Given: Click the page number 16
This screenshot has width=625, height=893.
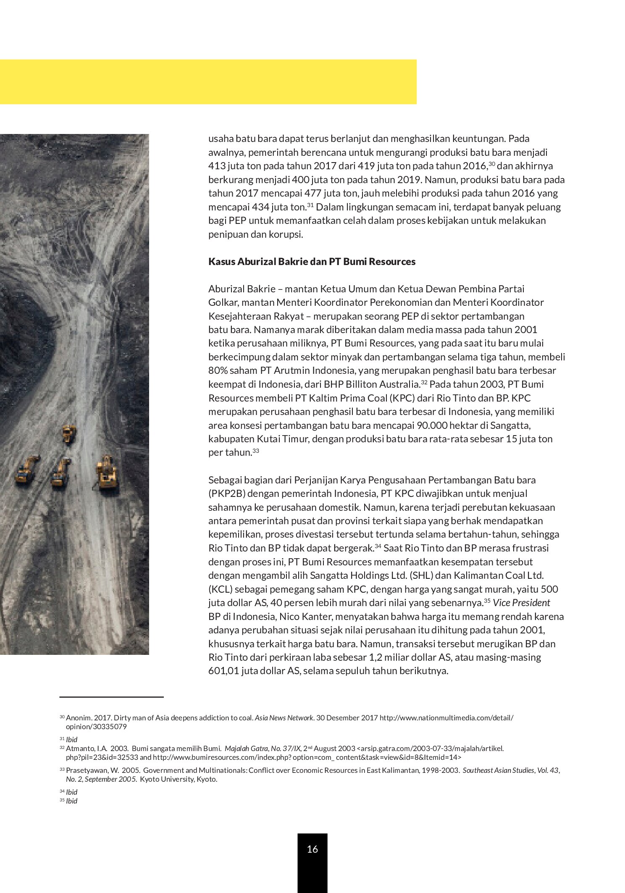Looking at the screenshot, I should (312, 849).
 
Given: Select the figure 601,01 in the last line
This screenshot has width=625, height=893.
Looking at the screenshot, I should (223, 671).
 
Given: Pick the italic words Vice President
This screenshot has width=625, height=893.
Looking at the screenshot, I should (521, 603).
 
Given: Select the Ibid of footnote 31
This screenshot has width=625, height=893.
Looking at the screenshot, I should (72, 739).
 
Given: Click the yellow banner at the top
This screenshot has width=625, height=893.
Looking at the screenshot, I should (208, 81).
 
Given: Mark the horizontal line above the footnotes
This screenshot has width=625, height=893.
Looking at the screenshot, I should (111, 697).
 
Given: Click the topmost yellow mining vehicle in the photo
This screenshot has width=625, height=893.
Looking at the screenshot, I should (69, 433).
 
